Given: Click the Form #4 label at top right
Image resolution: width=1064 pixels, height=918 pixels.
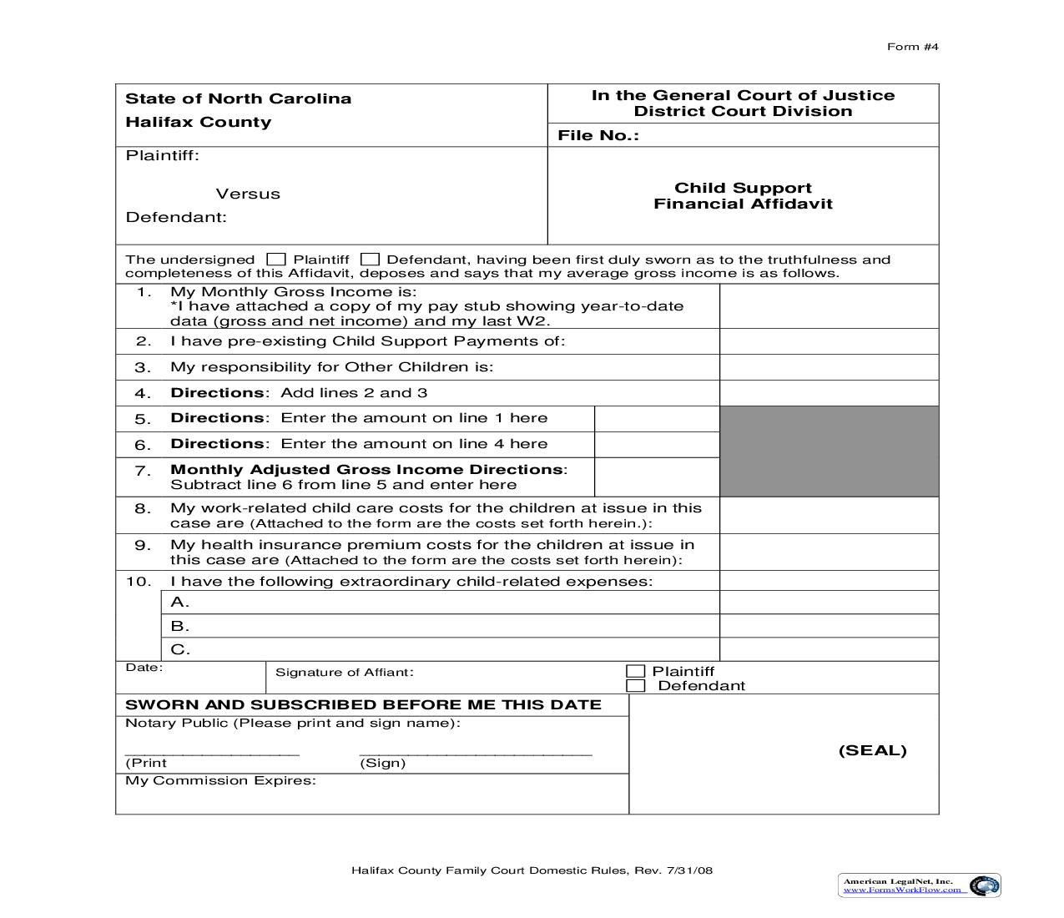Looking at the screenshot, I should tap(912, 47).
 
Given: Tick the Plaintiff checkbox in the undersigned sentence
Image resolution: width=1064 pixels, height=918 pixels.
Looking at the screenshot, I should tap(276, 260).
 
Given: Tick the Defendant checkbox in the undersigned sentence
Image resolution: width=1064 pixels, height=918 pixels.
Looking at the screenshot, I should tap(370, 260).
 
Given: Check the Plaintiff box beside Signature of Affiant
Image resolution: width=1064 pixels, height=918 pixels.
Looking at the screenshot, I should tap(636, 671).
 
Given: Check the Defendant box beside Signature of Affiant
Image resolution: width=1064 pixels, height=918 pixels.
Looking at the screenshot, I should tap(636, 686).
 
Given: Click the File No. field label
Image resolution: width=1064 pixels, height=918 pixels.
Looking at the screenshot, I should tap(598, 135).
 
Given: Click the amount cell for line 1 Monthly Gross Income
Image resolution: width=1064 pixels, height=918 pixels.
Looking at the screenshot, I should tap(828, 306).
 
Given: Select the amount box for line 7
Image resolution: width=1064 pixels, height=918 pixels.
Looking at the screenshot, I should tap(657, 477).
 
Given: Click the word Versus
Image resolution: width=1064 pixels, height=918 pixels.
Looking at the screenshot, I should tap(248, 194).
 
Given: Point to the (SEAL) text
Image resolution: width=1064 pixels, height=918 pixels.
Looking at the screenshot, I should tap(872, 750).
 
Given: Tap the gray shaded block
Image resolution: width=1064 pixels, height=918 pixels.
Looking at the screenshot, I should tap(829, 451).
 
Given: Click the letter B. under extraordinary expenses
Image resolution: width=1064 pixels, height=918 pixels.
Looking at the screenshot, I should tap(180, 626).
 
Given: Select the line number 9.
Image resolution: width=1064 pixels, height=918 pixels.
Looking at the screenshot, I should tap(143, 546).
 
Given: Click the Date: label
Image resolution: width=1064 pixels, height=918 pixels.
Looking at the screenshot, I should tap(144, 668).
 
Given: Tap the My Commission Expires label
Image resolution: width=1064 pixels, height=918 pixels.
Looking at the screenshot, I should tap(220, 781).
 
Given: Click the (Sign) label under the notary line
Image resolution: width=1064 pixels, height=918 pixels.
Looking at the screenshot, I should tap(382, 763).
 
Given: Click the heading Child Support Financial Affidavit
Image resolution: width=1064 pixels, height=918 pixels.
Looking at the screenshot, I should tap(743, 196).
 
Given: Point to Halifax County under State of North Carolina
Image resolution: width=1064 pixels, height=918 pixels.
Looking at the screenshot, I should tap(198, 122).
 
